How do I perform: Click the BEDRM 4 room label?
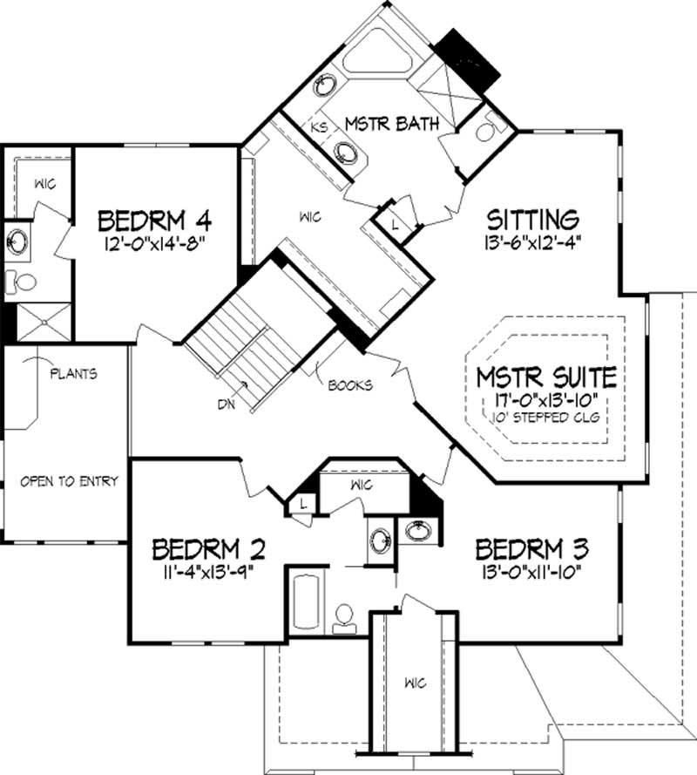(x=155, y=217)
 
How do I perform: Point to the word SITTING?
(x=533, y=217)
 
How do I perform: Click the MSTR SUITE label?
(x=547, y=377)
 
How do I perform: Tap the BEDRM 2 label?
(x=208, y=549)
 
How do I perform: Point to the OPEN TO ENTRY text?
(x=69, y=480)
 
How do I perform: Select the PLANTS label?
(x=72, y=374)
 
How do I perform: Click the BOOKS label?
(x=351, y=384)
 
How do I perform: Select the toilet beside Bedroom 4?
(x=22, y=281)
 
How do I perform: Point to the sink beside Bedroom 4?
(x=17, y=238)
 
